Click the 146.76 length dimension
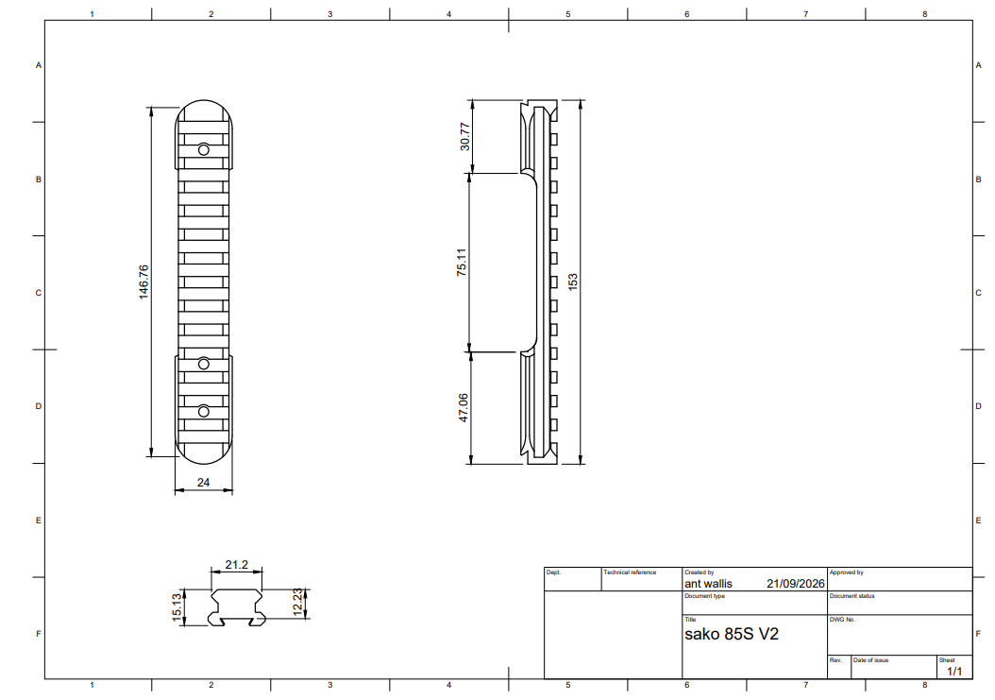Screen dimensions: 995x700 point(144,282)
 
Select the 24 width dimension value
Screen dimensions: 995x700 point(203,483)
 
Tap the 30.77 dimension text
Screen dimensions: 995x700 point(465,137)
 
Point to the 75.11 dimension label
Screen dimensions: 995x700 point(462,262)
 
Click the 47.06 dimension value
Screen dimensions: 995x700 point(464,408)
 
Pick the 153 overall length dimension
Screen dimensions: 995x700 point(572,282)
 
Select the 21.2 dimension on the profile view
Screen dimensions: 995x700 point(237,565)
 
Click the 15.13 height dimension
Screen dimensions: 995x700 point(177,608)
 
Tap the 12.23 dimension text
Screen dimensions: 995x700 point(298,602)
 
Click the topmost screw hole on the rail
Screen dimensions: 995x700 point(204,150)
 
